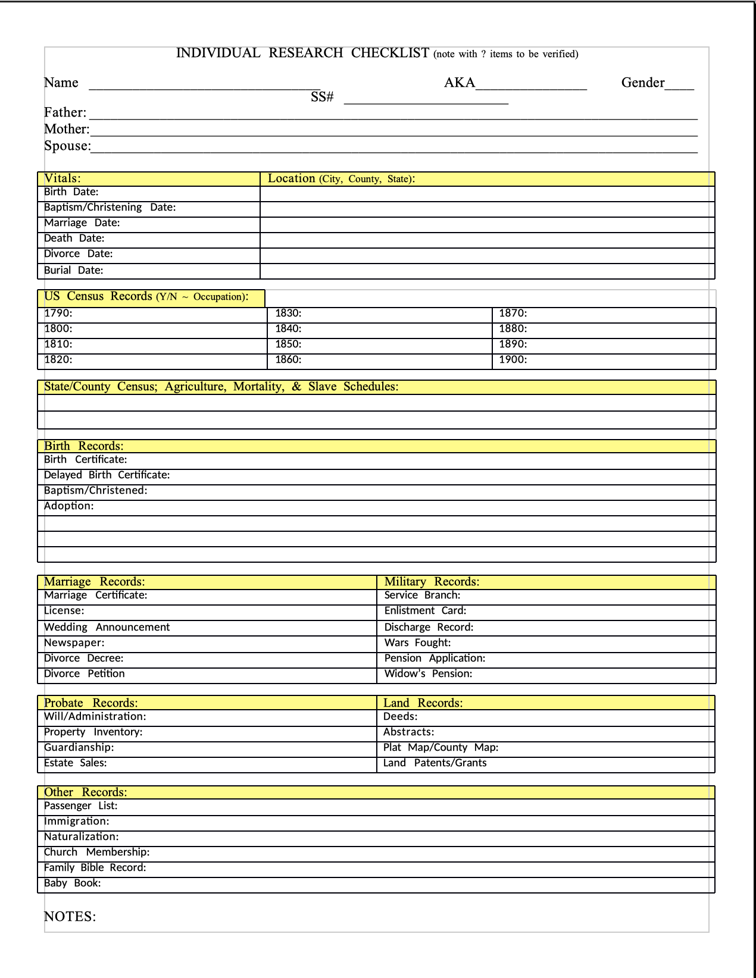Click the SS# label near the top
(x=322, y=97)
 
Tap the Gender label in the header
(x=643, y=83)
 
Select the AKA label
(x=460, y=83)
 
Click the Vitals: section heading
(x=63, y=178)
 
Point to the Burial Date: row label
(x=74, y=270)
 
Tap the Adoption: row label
(x=69, y=506)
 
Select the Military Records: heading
(x=432, y=582)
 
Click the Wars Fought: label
(x=417, y=643)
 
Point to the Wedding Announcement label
(x=107, y=628)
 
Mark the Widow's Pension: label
(x=428, y=674)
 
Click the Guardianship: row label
(x=79, y=748)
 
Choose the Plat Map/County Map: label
(x=441, y=748)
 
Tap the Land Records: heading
(x=423, y=703)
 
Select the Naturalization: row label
(x=82, y=837)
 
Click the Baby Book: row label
(x=73, y=883)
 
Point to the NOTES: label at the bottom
(x=70, y=917)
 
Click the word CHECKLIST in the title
(x=390, y=53)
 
